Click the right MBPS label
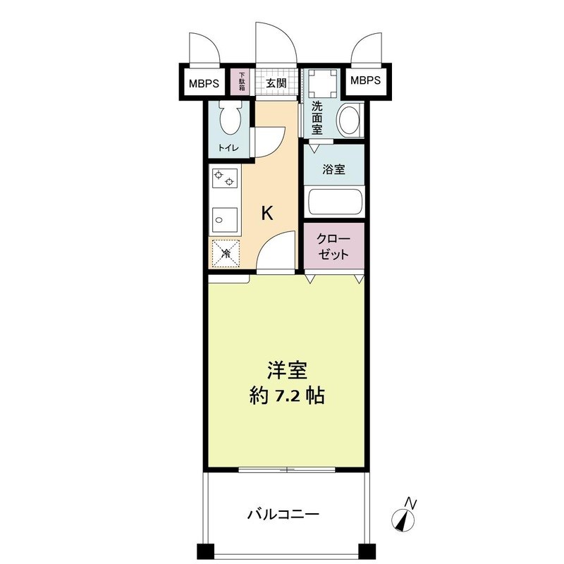tap(365, 81)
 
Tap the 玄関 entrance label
tap(276, 82)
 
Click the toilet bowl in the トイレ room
tap(231, 120)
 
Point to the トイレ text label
tap(228, 147)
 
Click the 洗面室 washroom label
tap(317, 118)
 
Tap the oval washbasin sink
tap(348, 121)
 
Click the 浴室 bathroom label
tap(334, 169)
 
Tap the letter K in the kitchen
tap(268, 214)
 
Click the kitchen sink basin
tap(225, 220)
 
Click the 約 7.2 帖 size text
tap(286, 396)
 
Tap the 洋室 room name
tap(286, 369)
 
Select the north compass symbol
tap(405, 517)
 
